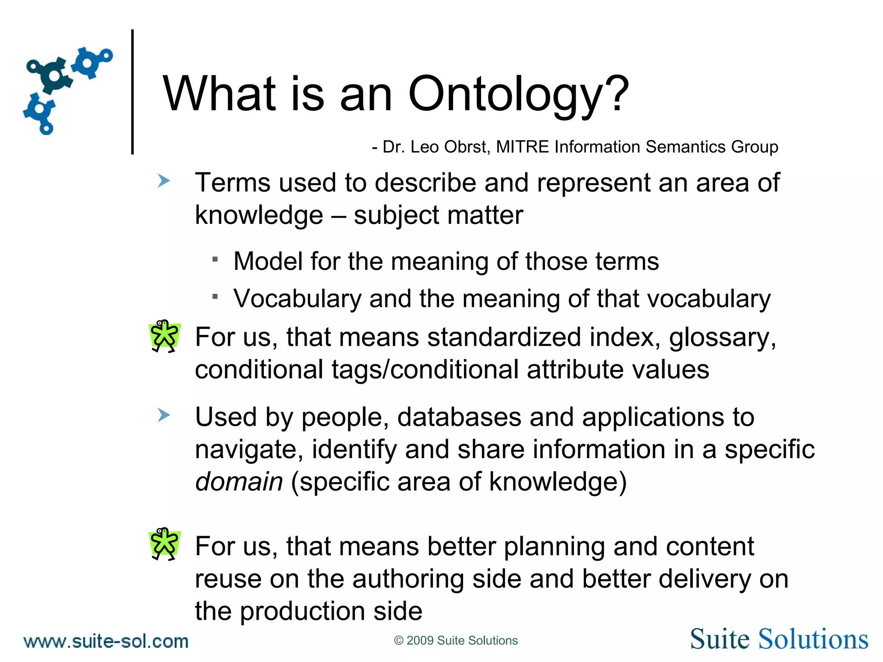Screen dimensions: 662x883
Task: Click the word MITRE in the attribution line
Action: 523,147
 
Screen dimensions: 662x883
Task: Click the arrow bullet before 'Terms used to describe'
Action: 163,181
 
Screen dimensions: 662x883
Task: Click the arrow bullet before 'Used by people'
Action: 163,415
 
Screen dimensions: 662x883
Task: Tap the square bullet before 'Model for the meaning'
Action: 216,259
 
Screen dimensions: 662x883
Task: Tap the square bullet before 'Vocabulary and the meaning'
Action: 216,297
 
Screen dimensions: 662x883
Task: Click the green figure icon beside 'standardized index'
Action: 164,336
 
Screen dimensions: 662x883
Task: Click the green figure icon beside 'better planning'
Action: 164,544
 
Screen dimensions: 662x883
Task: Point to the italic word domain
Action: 239,481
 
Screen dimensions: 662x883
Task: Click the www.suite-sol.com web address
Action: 106,641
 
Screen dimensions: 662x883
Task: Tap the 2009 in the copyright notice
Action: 420,640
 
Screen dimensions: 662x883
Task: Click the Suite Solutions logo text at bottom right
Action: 779,639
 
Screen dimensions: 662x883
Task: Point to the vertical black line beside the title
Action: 132,91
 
